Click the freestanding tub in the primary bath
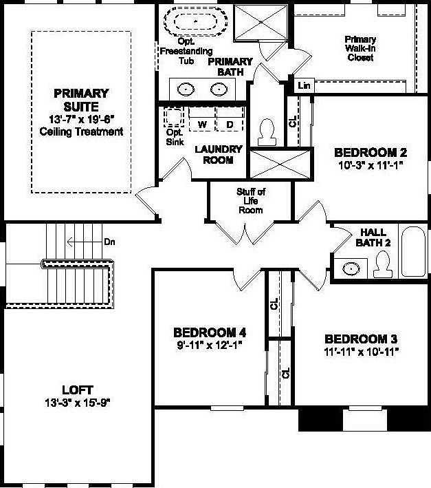196,21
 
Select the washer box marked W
202,124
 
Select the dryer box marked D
230,124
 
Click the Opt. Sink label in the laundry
175,138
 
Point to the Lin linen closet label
303,85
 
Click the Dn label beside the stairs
109,242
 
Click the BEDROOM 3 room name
361,339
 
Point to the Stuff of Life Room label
250,200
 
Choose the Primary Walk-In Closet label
360,48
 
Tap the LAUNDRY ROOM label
219,154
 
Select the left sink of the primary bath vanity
186,89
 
